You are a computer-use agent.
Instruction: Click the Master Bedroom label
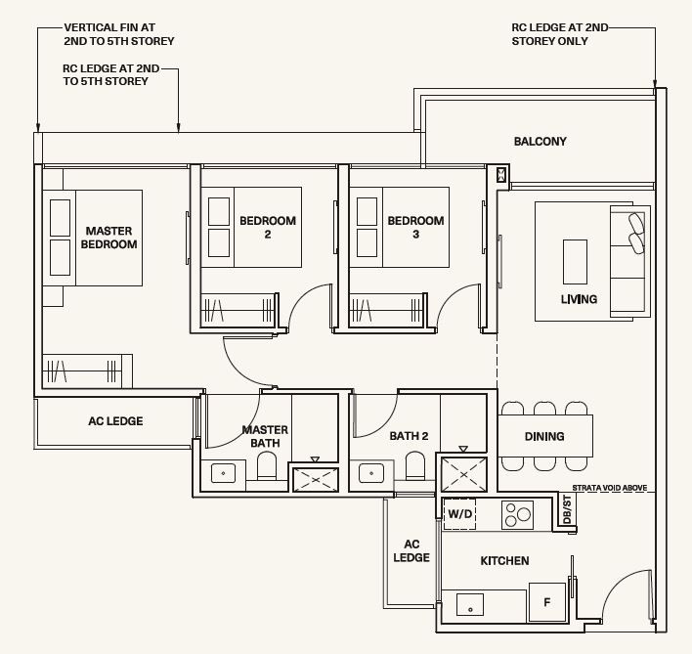pos(109,238)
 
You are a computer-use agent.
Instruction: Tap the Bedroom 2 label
pos(268,227)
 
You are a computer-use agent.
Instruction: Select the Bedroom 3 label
pos(415,227)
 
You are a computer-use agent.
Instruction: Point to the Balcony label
pos(541,141)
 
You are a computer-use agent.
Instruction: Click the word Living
pos(579,299)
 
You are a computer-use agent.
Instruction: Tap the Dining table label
pos(544,436)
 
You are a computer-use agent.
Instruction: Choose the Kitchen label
pos(505,561)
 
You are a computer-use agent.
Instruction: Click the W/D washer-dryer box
pos(459,514)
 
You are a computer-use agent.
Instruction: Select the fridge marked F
pos(547,602)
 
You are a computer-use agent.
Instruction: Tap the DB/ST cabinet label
pos(567,508)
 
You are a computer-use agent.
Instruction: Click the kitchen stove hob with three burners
pos(517,515)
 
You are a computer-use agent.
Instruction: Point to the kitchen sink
pos(470,604)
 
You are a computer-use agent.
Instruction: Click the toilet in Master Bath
pos(267,466)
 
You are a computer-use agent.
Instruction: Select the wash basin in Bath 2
pos(371,473)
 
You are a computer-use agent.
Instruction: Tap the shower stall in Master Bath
pos(315,479)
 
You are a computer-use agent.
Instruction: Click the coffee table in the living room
pos(575,262)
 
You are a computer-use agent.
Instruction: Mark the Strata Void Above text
pos(610,488)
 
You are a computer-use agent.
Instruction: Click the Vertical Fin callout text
pos(119,34)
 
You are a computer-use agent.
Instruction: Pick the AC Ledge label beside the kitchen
pos(411,551)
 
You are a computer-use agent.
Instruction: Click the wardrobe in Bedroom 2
pos(239,310)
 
